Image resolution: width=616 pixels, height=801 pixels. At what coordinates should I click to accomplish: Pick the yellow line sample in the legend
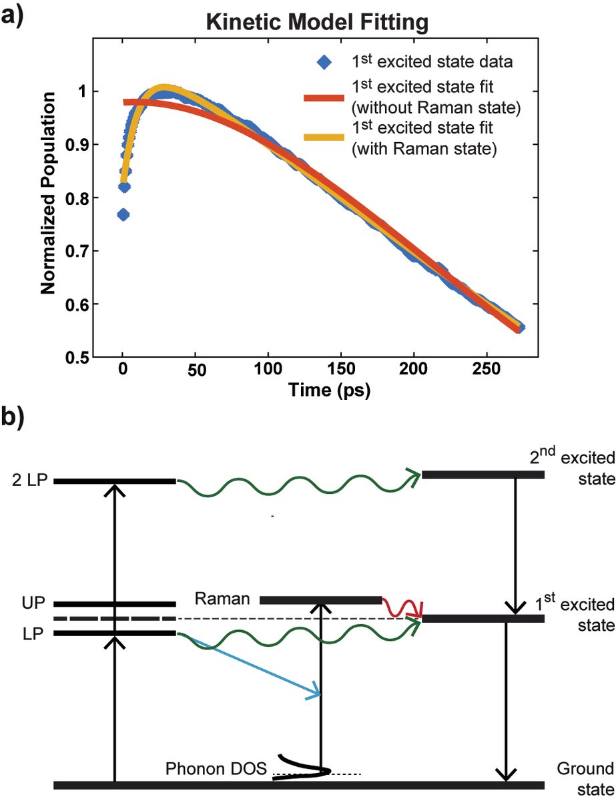tap(324, 137)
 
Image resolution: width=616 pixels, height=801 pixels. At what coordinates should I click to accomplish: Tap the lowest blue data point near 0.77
tap(123, 215)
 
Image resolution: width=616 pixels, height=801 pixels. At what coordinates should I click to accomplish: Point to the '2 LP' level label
tap(27, 481)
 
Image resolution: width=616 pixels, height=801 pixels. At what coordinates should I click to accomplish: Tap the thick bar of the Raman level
tap(320, 600)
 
